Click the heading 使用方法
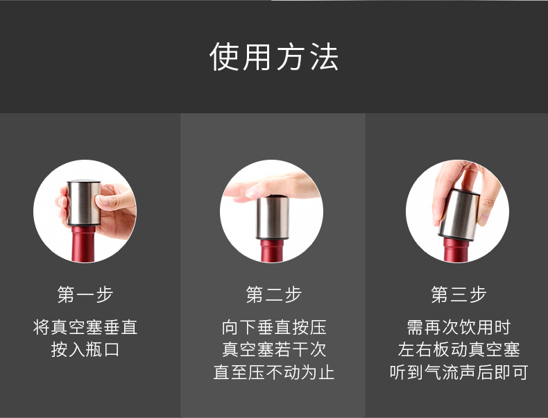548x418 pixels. [x=274, y=57]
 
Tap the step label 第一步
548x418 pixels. [x=85, y=294]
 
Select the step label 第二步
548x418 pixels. [x=274, y=294]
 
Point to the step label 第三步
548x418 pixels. [x=459, y=294]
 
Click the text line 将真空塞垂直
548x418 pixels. [x=85, y=327]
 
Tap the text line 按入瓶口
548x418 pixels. [x=85, y=349]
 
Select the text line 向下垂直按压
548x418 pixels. [x=274, y=327]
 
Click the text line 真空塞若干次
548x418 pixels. [x=274, y=349]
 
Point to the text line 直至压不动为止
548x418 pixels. [x=274, y=372]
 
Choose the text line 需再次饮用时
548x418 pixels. [x=459, y=327]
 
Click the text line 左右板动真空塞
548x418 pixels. [x=459, y=349]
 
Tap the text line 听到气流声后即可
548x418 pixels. [x=459, y=372]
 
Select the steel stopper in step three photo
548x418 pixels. [x=460, y=212]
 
